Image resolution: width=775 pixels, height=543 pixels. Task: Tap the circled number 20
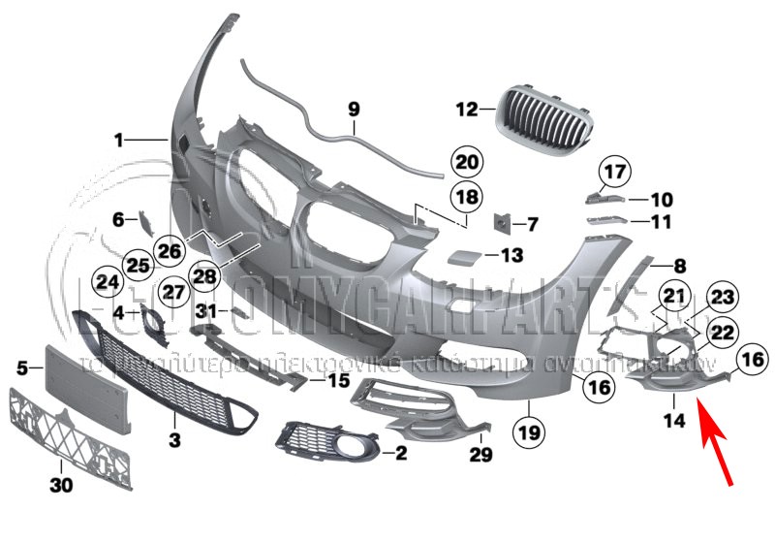tap(467, 161)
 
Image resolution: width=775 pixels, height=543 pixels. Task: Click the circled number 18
tap(467, 198)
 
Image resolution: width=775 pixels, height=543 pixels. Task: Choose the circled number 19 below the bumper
tap(531, 427)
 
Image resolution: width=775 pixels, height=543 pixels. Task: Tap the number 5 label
tap(22, 367)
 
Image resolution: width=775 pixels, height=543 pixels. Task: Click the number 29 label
tap(480, 454)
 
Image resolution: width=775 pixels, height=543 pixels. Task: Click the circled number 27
tap(172, 292)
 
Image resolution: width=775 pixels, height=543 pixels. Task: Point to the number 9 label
tap(353, 109)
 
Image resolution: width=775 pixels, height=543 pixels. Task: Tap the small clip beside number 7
tap(502, 224)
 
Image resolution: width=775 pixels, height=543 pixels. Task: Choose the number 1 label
tap(119, 141)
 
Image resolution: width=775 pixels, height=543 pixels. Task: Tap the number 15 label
tap(336, 381)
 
